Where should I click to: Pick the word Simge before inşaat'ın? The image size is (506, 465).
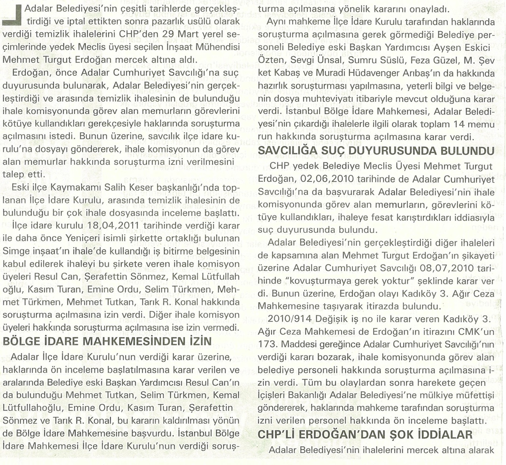(x=15, y=251)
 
